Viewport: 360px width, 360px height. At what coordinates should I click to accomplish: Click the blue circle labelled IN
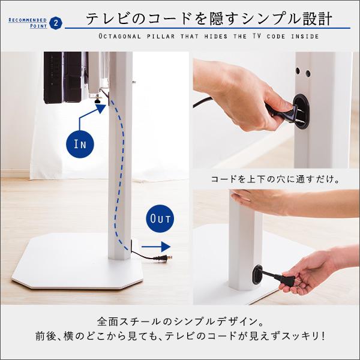tap(80, 144)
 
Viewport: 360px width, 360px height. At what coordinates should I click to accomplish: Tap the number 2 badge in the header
tap(56, 23)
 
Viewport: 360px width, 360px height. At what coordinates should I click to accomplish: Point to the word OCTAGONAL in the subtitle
tap(123, 37)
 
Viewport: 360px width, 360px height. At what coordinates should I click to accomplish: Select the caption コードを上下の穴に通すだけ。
tap(275, 179)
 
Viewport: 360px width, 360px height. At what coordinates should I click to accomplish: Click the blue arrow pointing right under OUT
tap(157, 246)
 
